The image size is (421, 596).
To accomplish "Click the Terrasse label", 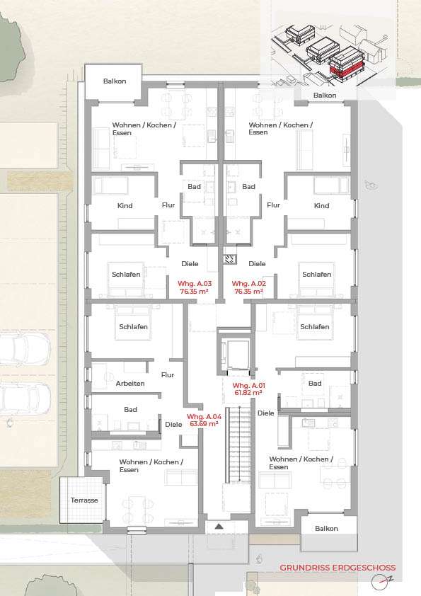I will pyautogui.click(x=84, y=500).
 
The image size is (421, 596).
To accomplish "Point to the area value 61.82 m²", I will pyautogui.click(x=248, y=392).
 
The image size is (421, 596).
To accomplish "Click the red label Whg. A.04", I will pyautogui.click(x=202, y=416).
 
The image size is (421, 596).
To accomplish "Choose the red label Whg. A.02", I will pyautogui.click(x=248, y=283).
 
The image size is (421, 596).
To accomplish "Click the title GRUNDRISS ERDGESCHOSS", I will pyautogui.click(x=338, y=567).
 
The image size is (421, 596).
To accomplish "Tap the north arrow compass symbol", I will pyautogui.click(x=381, y=582).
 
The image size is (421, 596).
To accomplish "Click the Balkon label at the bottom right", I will pyautogui.click(x=326, y=528).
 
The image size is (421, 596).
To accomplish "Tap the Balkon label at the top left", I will pyautogui.click(x=114, y=81).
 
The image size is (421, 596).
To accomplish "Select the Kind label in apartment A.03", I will pyautogui.click(x=125, y=206).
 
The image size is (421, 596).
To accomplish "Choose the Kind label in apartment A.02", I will pyautogui.click(x=321, y=206).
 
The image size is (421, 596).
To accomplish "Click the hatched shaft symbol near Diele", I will pyautogui.click(x=229, y=259).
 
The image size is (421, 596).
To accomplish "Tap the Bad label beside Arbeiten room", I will pyautogui.click(x=130, y=409).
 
